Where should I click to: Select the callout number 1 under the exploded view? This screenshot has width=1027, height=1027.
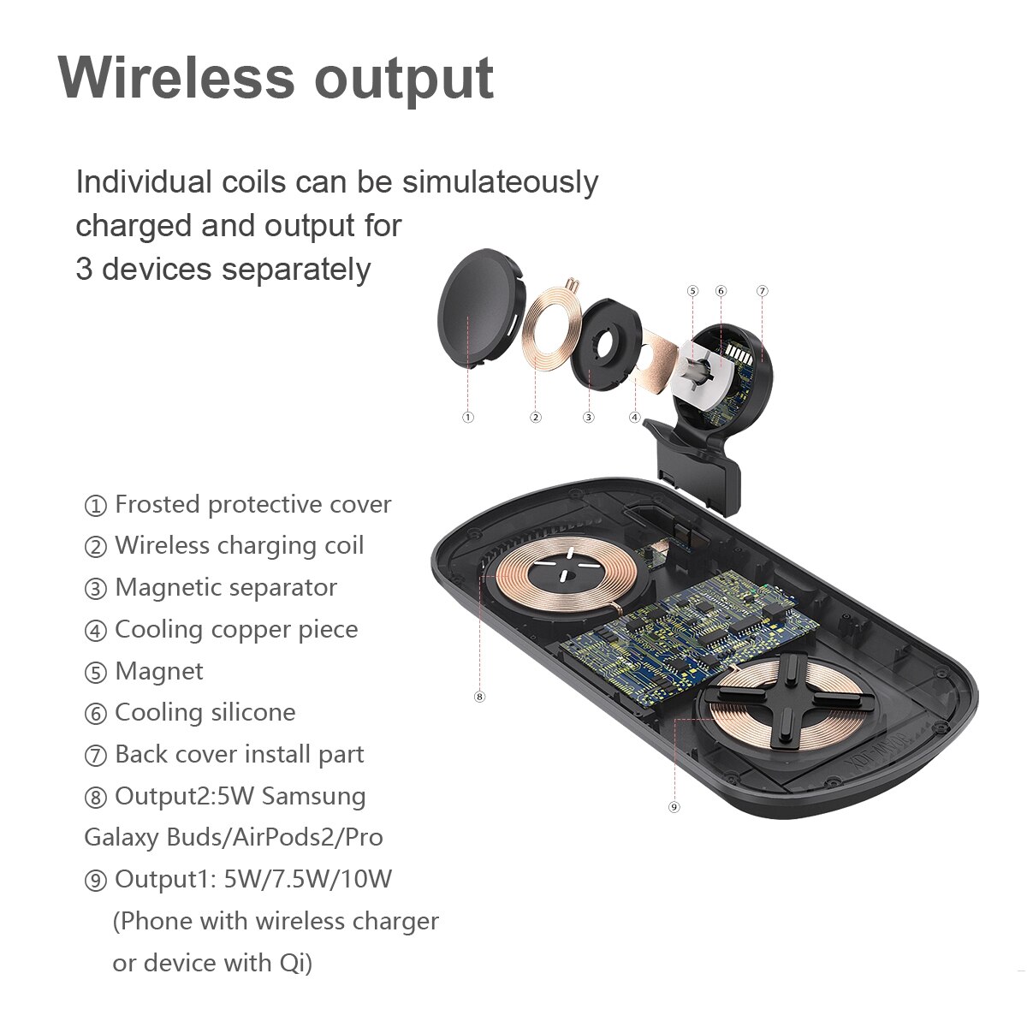coord(468,418)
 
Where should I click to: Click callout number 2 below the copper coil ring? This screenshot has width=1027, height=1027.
coord(536,418)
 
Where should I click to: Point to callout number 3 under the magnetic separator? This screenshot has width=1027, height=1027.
coord(588,418)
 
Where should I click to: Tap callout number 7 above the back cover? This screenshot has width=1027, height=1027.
coord(763,291)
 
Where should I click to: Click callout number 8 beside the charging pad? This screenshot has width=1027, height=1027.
coord(479,696)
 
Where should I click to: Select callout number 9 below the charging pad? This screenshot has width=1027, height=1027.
coord(674,806)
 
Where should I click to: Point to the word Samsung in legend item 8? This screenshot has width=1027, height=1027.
coord(313,797)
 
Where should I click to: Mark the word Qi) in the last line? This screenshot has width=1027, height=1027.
coord(296,963)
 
